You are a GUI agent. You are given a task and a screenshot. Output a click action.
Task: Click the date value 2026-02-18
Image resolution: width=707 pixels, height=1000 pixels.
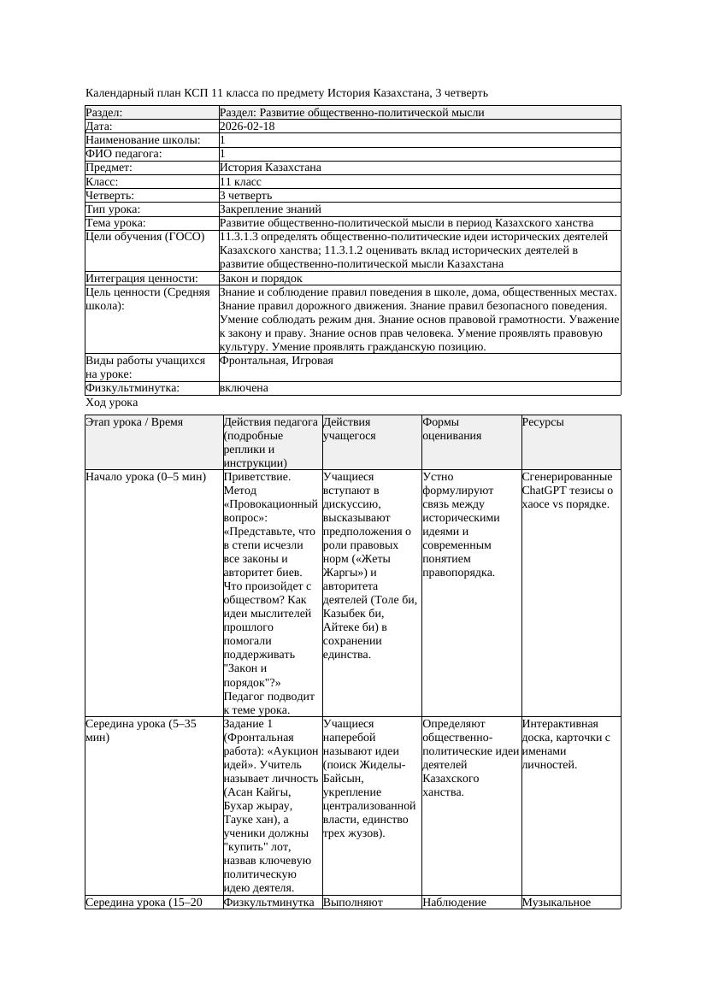tap(247, 126)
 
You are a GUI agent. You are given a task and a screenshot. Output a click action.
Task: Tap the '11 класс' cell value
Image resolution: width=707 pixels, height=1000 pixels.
tap(240, 182)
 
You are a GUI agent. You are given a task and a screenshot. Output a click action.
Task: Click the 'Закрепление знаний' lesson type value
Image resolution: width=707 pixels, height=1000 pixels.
tap(270, 209)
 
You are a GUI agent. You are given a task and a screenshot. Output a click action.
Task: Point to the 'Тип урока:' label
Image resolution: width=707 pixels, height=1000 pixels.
tap(113, 209)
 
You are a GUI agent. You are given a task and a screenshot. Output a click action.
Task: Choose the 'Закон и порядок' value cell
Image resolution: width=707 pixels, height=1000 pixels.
tap(261, 279)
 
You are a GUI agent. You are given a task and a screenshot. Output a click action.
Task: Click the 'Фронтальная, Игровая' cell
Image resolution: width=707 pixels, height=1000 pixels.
tap(276, 361)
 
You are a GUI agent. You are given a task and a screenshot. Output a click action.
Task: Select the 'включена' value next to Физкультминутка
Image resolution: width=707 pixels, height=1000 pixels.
tap(244, 388)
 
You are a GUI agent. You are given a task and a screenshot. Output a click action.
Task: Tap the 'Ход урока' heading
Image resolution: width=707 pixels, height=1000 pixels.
tap(112, 403)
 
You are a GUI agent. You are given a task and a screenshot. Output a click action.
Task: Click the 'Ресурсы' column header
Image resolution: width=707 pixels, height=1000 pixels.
tap(543, 422)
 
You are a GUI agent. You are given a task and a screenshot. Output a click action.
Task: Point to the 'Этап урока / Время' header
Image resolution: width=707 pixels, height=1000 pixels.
tap(134, 422)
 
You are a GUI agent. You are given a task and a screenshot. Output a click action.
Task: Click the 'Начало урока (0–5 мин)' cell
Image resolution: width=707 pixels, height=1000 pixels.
tap(146, 477)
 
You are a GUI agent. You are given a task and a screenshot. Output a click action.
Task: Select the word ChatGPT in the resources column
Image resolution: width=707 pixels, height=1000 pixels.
tap(546, 491)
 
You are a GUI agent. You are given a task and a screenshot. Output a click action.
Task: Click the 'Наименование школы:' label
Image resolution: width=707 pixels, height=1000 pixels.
tap(144, 140)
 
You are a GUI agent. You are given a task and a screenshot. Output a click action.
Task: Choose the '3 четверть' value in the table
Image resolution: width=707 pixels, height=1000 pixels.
tap(245, 196)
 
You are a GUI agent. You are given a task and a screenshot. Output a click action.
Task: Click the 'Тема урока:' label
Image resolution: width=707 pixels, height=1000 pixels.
tap(116, 223)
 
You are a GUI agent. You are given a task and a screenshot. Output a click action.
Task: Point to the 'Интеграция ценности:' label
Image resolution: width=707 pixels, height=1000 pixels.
tap(142, 279)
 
